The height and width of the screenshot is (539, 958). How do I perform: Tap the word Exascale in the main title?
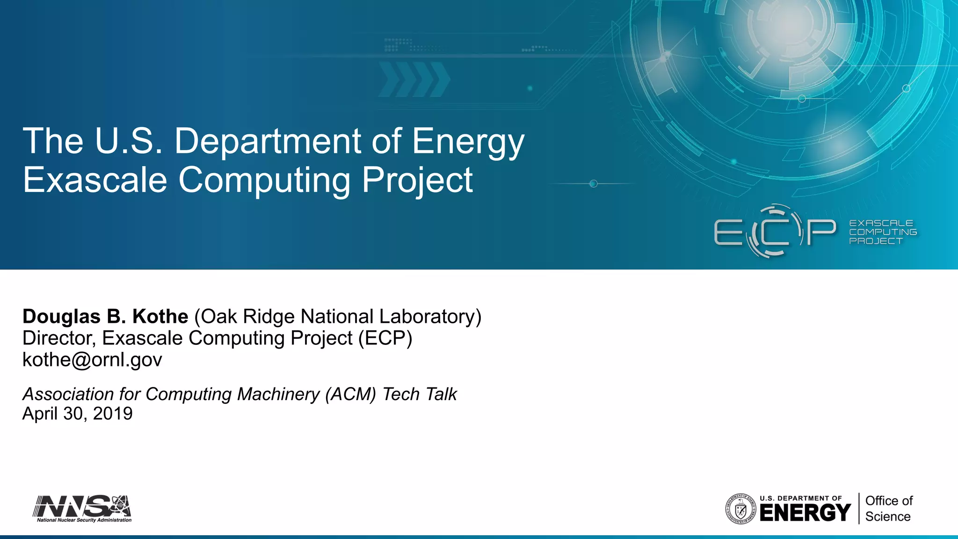(95, 180)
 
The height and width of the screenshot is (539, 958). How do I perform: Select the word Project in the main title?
(417, 180)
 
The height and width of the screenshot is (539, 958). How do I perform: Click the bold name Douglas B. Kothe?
(105, 317)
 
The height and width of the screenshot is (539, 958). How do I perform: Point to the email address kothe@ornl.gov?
(92, 360)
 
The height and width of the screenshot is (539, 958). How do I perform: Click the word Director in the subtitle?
(58, 338)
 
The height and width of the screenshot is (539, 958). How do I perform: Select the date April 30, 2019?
(77, 414)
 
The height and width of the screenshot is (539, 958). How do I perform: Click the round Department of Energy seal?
(740, 509)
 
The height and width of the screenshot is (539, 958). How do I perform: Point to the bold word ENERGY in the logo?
(805, 513)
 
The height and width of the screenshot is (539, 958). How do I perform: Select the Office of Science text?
(888, 509)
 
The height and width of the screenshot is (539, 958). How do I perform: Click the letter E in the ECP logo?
(728, 233)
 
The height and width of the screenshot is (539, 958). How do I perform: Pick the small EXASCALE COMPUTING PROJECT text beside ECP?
(882, 232)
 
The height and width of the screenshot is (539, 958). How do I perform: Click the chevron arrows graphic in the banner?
(414, 80)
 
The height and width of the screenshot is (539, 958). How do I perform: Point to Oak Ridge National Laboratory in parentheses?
(338, 317)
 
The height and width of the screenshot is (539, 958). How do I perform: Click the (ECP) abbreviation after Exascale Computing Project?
(385, 338)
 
